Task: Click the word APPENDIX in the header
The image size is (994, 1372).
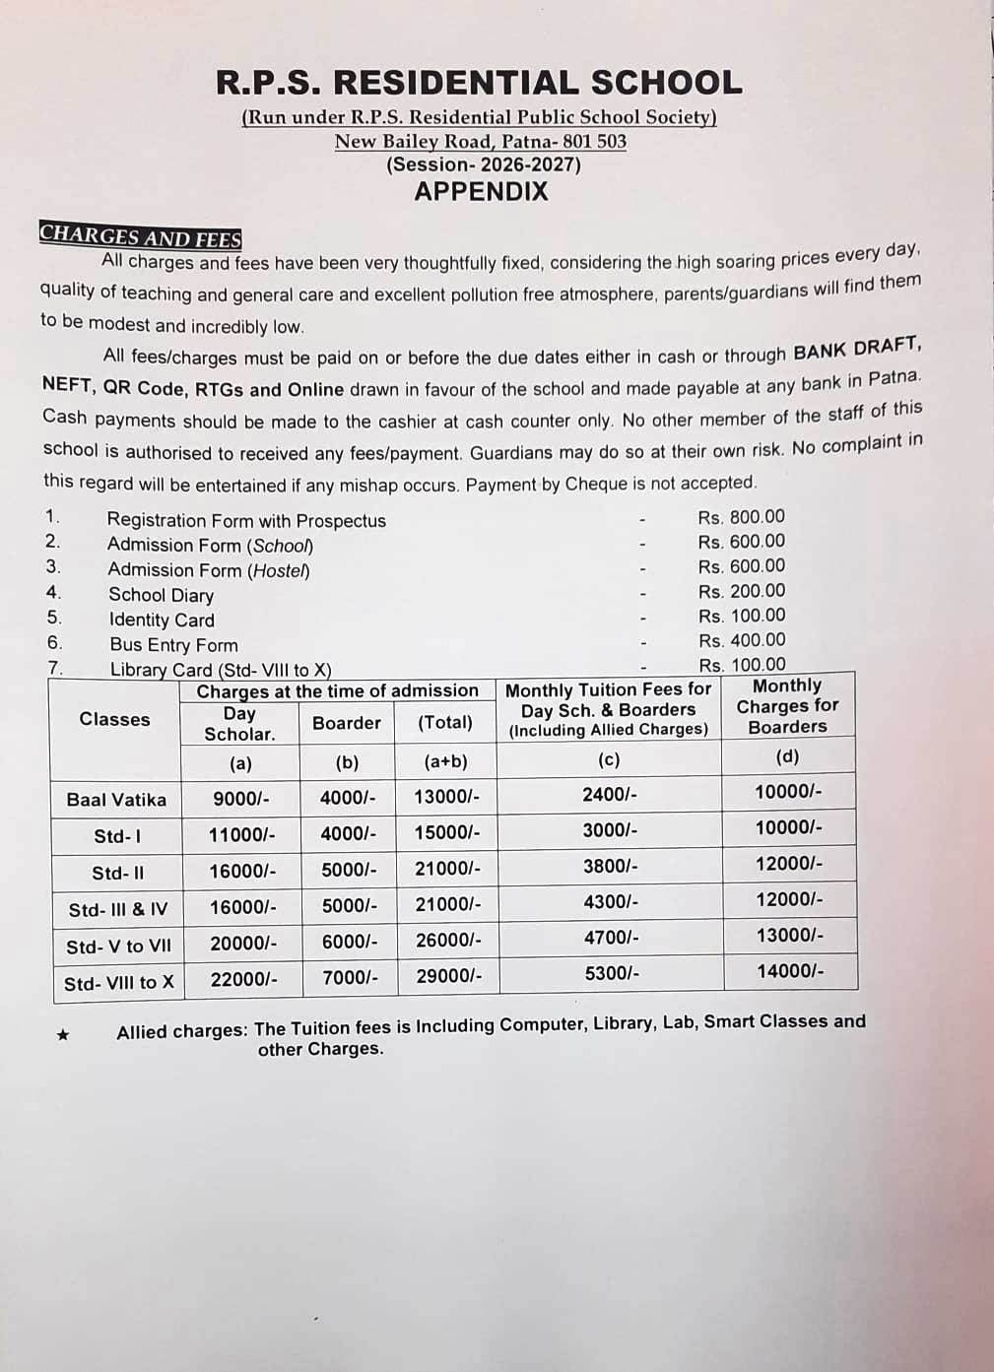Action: tap(481, 191)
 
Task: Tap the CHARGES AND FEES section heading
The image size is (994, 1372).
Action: tap(140, 236)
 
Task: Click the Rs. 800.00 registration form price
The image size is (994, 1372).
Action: tap(741, 517)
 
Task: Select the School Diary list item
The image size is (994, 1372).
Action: tap(161, 595)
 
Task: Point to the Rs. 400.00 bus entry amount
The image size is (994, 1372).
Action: tap(742, 640)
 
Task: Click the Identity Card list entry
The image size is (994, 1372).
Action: tap(162, 621)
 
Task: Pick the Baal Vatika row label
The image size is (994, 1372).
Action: tap(116, 800)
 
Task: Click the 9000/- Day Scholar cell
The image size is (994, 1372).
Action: tap(240, 798)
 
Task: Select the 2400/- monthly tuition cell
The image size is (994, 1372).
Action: tap(609, 794)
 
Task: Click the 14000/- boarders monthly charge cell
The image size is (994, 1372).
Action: tap(789, 971)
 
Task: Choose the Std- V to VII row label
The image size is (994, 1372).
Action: tap(118, 947)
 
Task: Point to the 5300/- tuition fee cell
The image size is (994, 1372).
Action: tap(612, 973)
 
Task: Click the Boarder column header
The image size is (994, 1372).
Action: tap(346, 723)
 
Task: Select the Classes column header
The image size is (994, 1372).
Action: tap(115, 720)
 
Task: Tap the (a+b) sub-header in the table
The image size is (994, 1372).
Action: tap(445, 761)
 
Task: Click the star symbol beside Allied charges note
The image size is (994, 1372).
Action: tap(63, 1035)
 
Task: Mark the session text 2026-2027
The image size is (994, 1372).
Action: tap(483, 164)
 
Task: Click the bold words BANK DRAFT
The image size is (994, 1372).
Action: tap(855, 349)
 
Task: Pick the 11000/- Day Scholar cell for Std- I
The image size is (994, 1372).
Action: tap(241, 835)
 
